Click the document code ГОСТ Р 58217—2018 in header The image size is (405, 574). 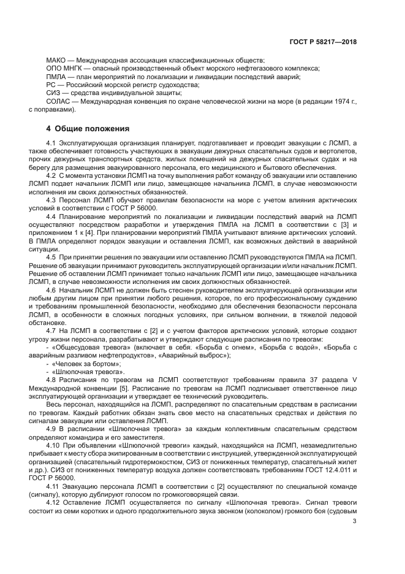pyautogui.click(x=323, y=42)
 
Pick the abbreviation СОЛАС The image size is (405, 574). pyautogui.click(x=59, y=101)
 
